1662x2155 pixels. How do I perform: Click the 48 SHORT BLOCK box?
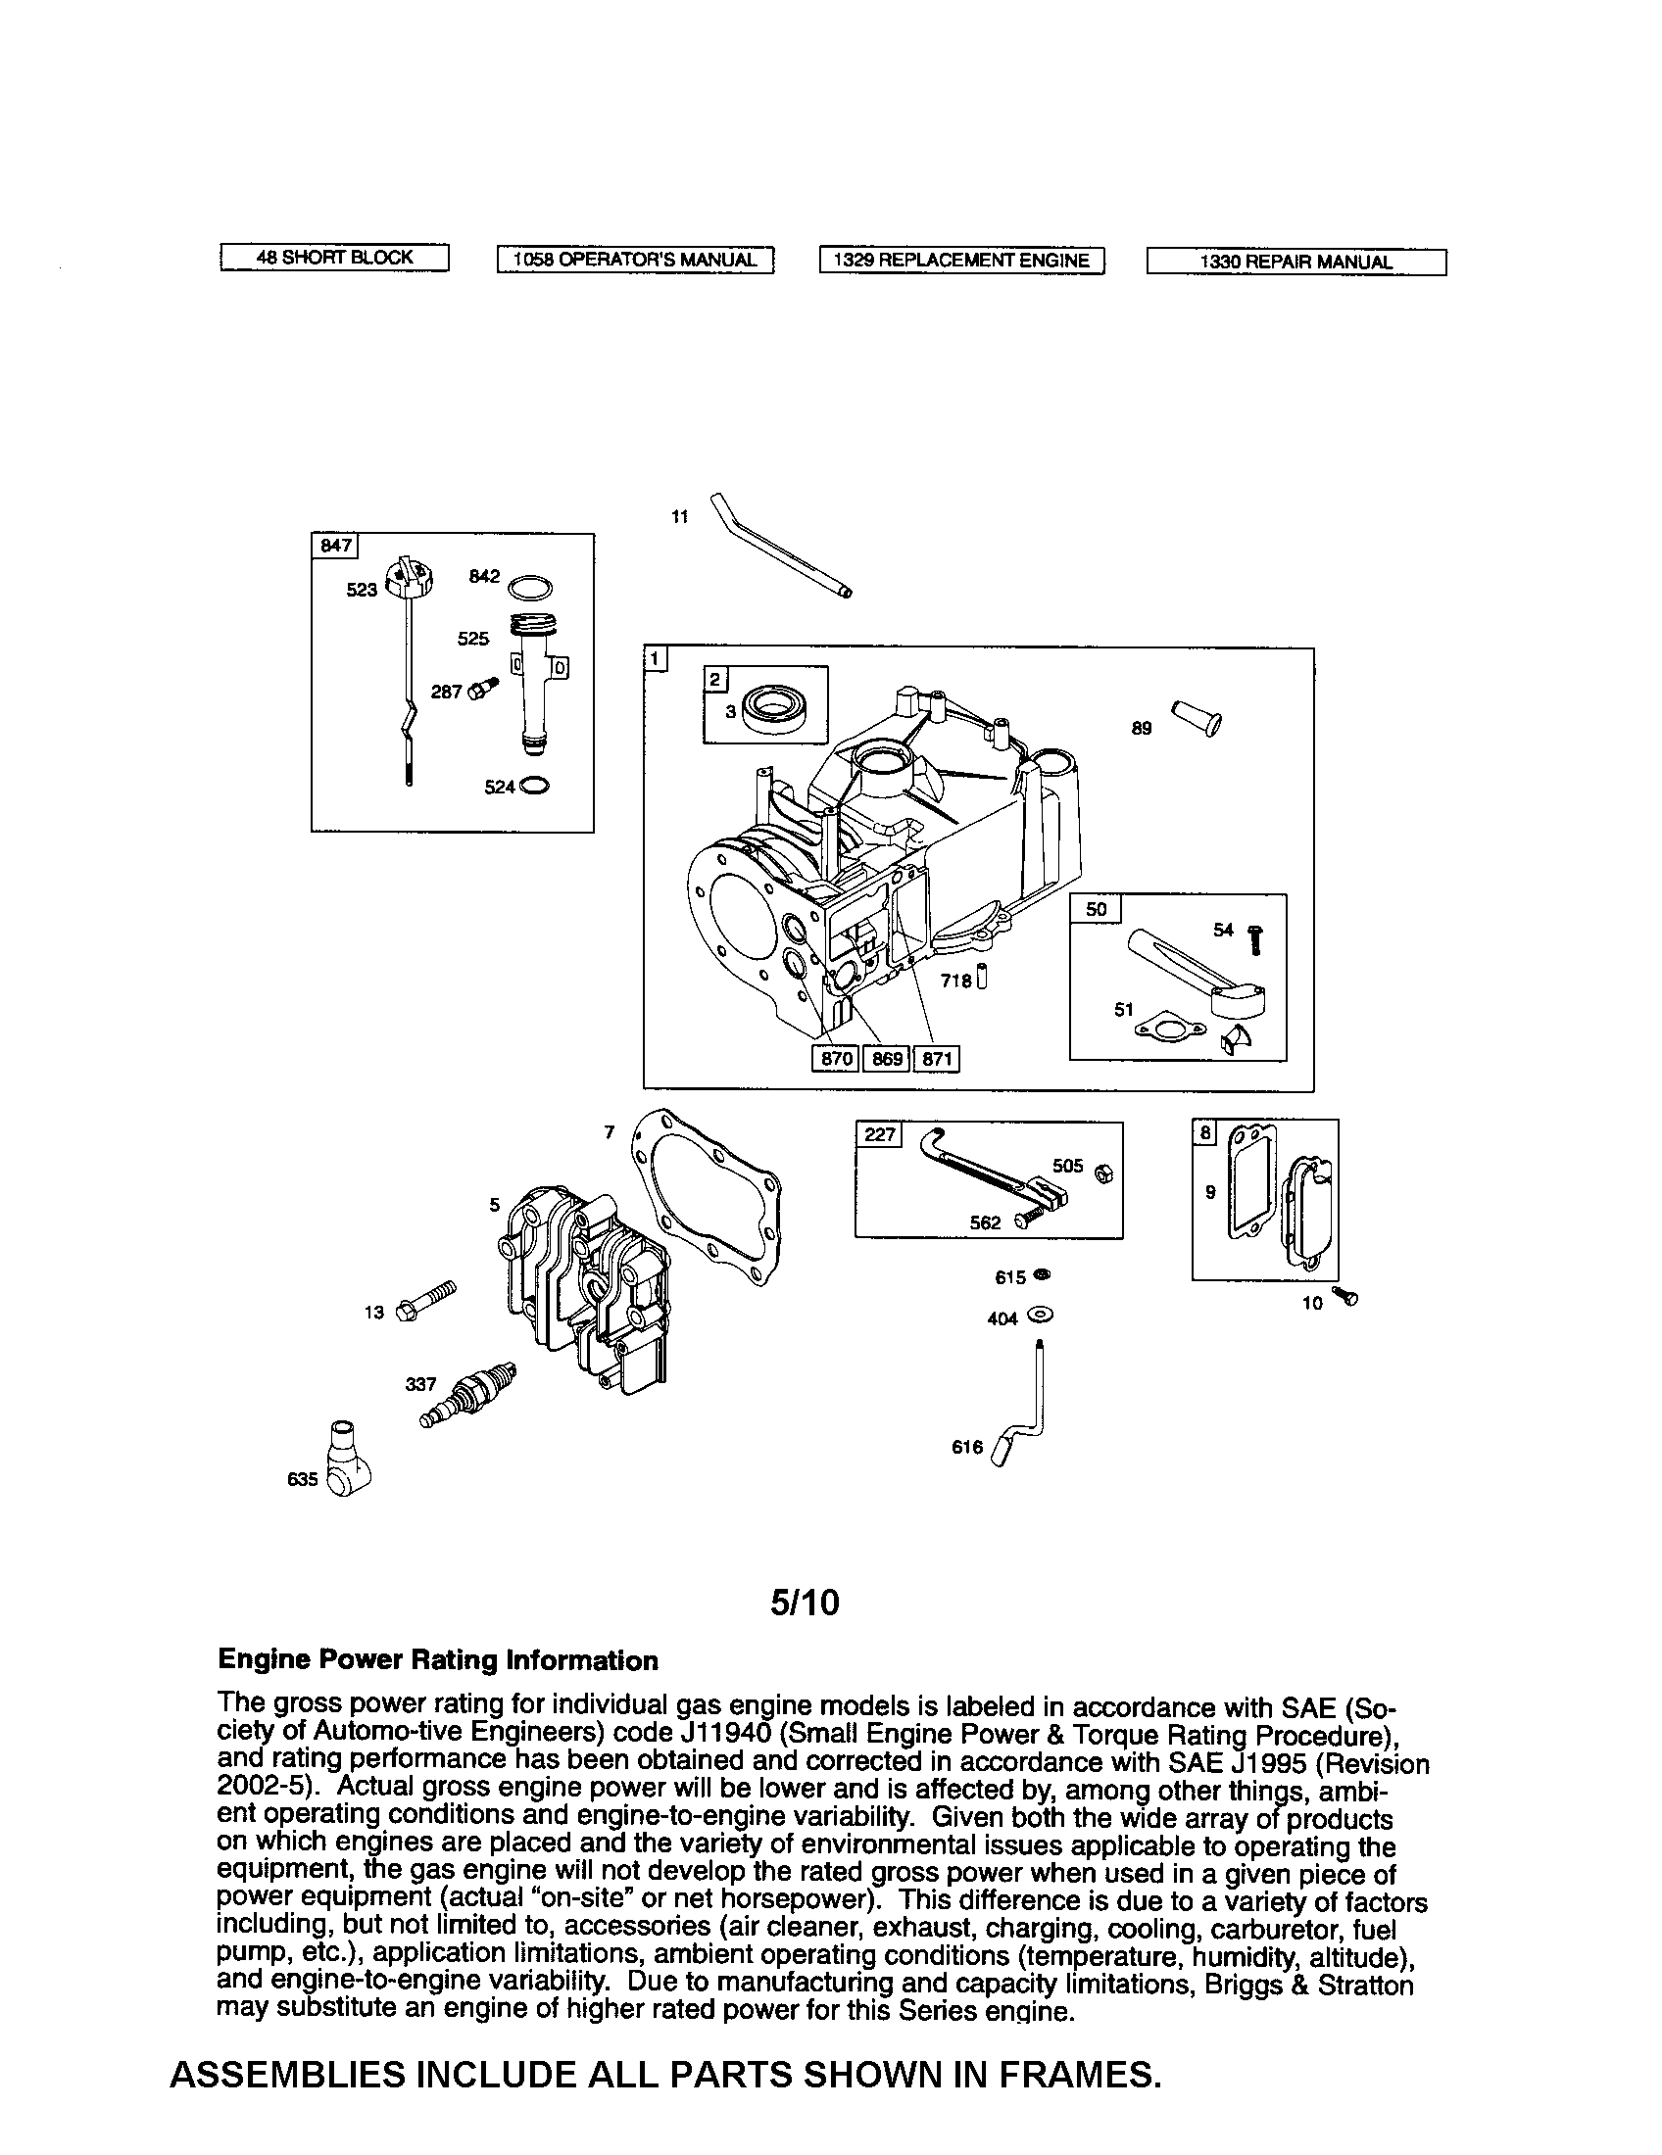333,259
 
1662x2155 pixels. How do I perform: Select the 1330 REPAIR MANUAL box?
1295,263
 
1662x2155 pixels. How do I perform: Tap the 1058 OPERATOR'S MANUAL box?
635,260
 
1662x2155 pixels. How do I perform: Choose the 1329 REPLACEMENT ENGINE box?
961,261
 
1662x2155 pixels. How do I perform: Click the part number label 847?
335,546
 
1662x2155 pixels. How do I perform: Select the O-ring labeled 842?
529,588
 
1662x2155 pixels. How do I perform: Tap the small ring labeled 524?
533,787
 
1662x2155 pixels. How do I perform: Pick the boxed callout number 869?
886,1059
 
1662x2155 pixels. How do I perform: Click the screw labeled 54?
1255,938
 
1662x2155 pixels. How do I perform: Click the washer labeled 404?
1041,1316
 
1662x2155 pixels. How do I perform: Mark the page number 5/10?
806,1603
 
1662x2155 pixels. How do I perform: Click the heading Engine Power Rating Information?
437,1660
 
